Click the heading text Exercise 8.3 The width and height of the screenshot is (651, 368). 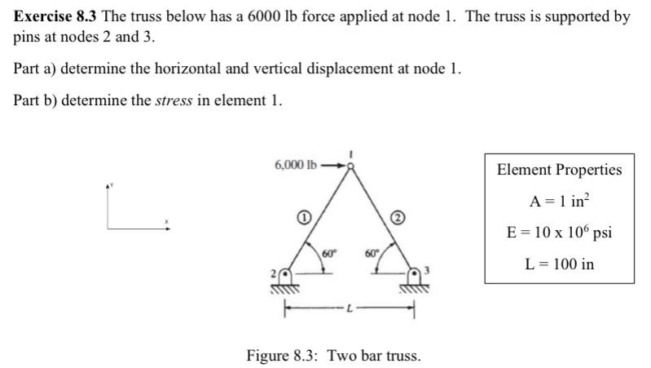54,16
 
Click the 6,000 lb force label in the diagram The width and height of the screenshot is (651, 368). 296,165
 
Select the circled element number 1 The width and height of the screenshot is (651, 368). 301,218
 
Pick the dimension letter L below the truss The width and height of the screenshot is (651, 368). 350,308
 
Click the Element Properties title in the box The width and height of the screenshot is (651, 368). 559,170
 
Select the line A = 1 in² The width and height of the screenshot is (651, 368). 559,201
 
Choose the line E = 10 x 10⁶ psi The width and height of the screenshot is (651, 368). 559,233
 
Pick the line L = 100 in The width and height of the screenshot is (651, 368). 559,264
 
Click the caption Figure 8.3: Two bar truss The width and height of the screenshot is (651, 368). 333,356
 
